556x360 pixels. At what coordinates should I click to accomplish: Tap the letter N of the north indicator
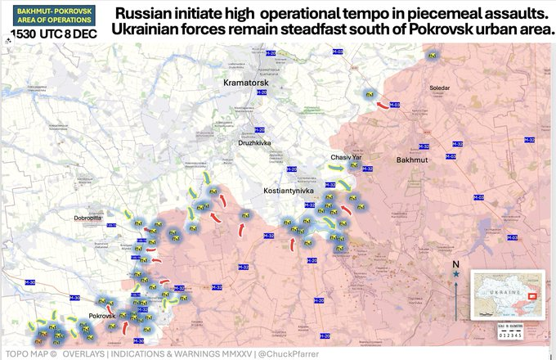click(x=455, y=265)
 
